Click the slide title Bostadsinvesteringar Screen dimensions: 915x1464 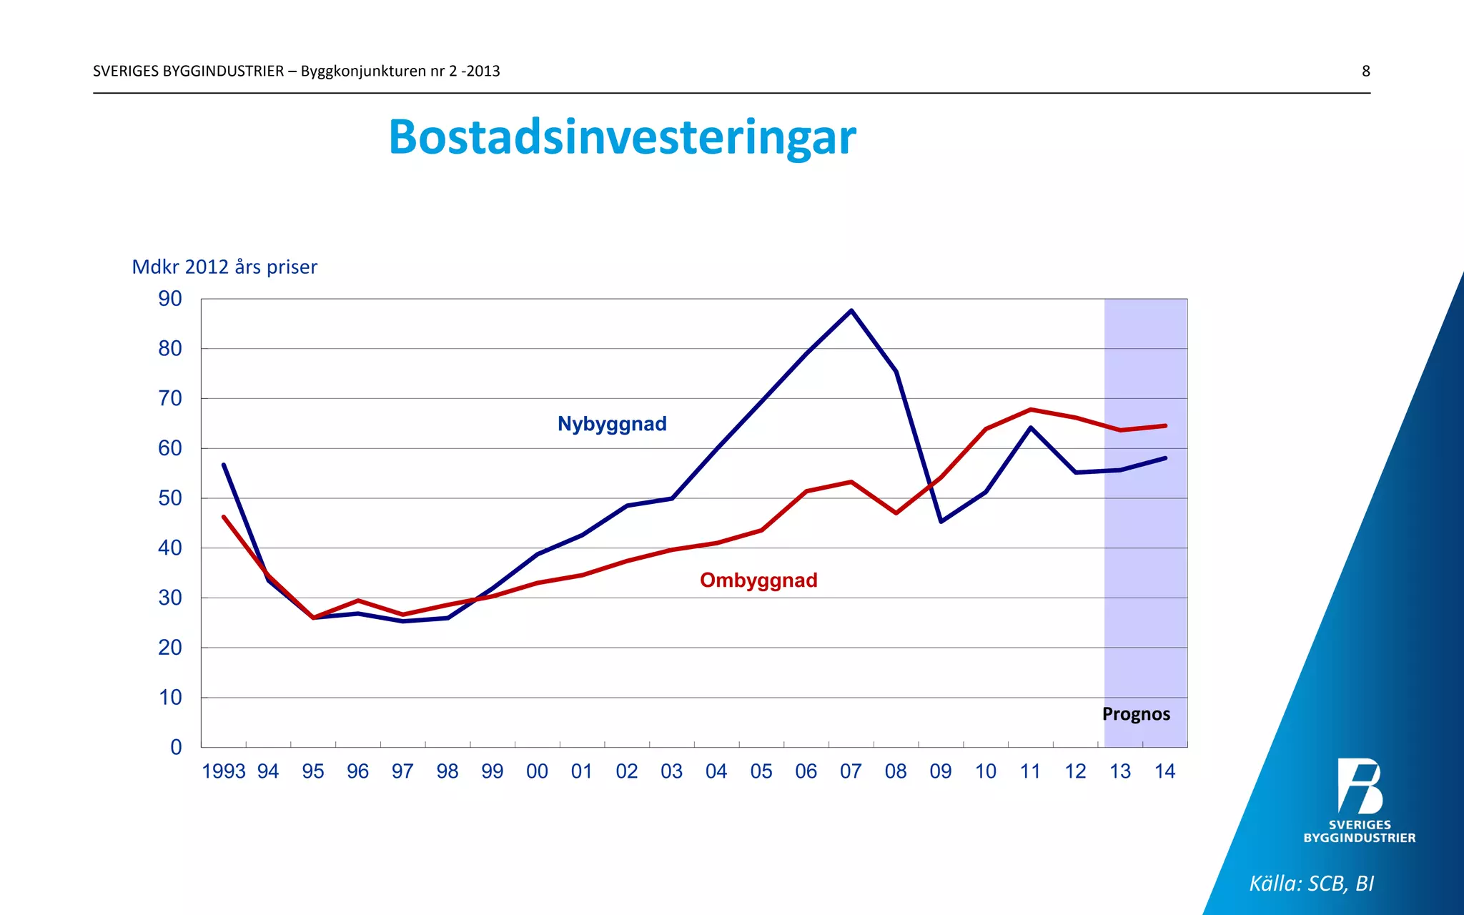(622, 137)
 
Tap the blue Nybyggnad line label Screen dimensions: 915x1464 (612, 424)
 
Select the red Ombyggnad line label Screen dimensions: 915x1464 (758, 580)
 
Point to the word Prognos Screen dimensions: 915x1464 (1136, 714)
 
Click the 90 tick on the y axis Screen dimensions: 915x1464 (170, 299)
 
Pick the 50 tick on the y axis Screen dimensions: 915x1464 (170, 498)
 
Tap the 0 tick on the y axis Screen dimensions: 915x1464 (176, 747)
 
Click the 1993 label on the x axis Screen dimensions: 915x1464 (224, 771)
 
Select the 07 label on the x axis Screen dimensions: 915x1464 (851, 771)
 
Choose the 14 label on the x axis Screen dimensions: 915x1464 (1164, 771)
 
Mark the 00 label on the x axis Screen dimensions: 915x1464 (537, 771)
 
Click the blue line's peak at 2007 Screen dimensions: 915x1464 (851, 310)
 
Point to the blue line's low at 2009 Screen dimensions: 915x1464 (941, 521)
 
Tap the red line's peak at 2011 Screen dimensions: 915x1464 (1031, 410)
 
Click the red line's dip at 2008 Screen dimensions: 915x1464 (896, 513)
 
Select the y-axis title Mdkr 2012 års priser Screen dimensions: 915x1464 (224, 267)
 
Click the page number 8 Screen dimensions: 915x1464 (1365, 71)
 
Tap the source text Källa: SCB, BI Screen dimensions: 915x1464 (1311, 884)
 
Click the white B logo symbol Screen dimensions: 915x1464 (1360, 786)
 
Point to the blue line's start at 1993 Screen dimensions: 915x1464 (224, 465)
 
